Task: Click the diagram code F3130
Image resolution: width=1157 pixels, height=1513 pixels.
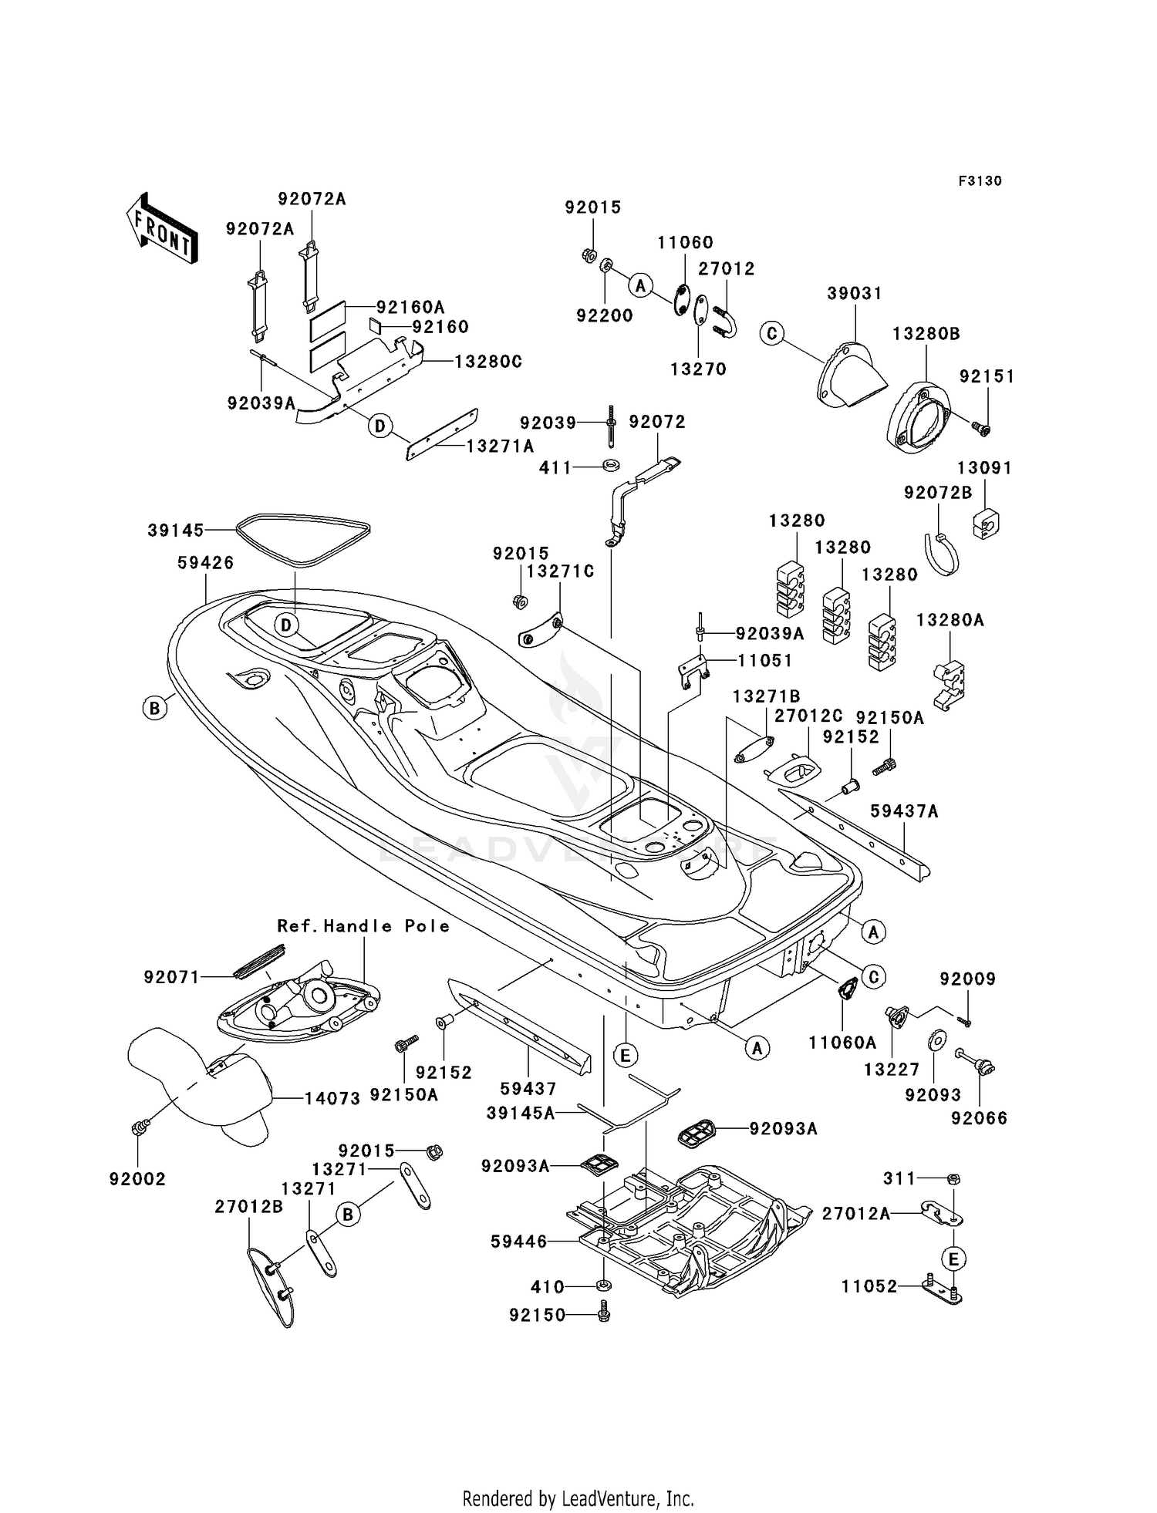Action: coord(980,181)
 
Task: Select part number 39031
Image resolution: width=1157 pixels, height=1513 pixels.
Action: coord(855,294)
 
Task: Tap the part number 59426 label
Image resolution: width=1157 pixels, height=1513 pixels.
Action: coord(205,563)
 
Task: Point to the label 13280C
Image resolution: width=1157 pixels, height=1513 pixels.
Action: coord(488,362)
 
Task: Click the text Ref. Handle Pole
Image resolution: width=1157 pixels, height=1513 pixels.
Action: coord(363,926)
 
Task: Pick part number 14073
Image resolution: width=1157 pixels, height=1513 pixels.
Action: coord(332,1098)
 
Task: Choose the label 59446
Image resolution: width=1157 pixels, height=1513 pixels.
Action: coord(519,1242)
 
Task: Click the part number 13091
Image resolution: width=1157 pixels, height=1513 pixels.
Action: coord(984,468)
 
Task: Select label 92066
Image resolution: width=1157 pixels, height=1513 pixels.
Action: coord(979,1119)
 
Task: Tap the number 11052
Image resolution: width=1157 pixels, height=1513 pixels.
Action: coord(869,1286)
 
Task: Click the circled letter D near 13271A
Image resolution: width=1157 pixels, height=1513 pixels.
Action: coord(379,426)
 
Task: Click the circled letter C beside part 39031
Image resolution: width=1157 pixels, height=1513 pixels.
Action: coord(771,333)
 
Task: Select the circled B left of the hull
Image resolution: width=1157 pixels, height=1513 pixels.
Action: coord(155,707)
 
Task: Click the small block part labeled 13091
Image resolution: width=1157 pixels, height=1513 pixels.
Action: coord(987,524)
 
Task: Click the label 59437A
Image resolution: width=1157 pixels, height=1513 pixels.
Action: coord(904,810)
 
